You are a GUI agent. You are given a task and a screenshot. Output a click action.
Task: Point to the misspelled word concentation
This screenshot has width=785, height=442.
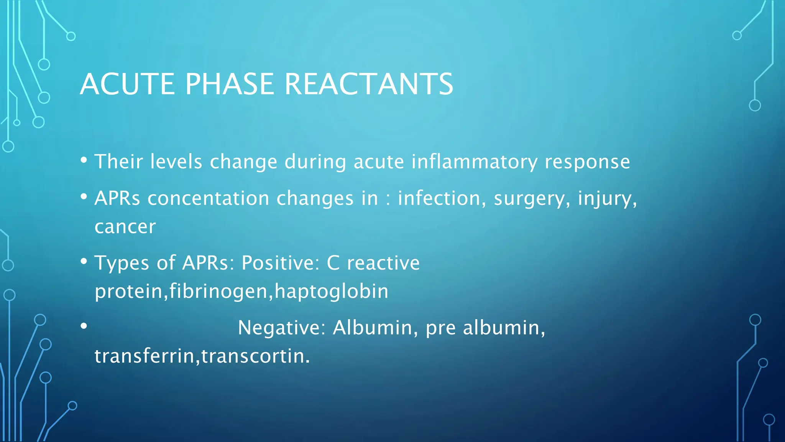click(x=209, y=199)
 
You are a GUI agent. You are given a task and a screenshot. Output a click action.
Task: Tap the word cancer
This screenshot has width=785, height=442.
click(x=125, y=227)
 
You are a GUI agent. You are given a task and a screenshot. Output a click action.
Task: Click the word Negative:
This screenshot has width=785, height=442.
click(x=281, y=328)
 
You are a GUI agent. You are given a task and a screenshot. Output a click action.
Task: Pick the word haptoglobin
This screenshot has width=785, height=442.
click(x=332, y=292)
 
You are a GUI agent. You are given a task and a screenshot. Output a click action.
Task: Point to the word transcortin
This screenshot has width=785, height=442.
click(x=255, y=356)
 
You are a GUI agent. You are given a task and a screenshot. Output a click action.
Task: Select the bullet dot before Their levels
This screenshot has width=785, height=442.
click(x=84, y=160)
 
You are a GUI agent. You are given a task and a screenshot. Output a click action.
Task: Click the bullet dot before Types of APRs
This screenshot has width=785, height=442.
click(x=84, y=261)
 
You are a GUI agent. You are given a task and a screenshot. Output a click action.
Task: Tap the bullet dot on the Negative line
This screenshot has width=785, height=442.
click(x=84, y=326)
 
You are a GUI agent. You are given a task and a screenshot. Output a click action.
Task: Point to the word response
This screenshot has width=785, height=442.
click(x=587, y=162)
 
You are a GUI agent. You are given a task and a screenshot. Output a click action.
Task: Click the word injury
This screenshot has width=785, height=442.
click(x=607, y=199)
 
